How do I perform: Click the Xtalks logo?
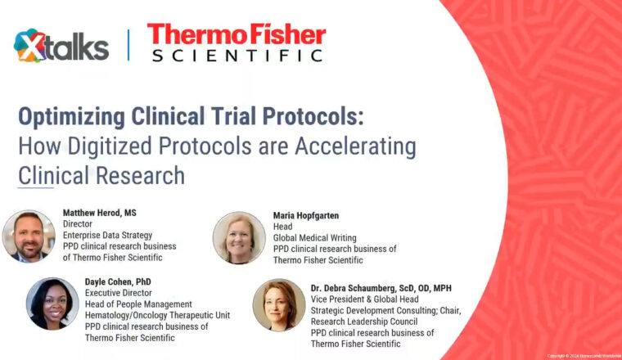pyautogui.click(x=61, y=46)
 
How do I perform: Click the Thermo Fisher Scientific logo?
pyautogui.click(x=237, y=43)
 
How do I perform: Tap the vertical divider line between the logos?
pyautogui.click(x=128, y=45)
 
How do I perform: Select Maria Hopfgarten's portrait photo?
pyautogui.click(x=239, y=237)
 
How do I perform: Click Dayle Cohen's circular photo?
pyautogui.click(x=52, y=303)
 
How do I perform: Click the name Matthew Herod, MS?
pyautogui.click(x=100, y=213)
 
